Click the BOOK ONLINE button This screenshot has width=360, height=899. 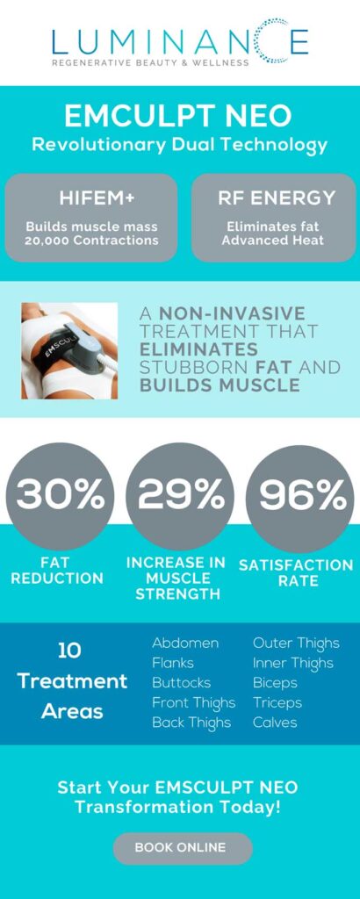tap(183, 848)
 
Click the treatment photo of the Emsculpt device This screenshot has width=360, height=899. tap(69, 351)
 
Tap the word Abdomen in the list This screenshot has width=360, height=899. tap(185, 644)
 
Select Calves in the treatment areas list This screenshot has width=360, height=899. tap(275, 723)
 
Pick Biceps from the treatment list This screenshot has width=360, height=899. tap(275, 683)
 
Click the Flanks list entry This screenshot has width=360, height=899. tap(173, 663)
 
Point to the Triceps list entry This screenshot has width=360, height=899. tap(277, 703)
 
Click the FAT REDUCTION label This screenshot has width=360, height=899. tap(57, 571)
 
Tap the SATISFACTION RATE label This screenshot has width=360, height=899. tap(296, 572)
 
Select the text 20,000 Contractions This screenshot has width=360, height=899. tap(91, 241)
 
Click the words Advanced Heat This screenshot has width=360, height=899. tap(272, 240)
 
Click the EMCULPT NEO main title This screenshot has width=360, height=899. tap(178, 117)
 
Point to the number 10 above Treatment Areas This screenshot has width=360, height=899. tap(69, 651)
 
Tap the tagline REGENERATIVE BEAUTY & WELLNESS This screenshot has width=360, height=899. tap(151, 62)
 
